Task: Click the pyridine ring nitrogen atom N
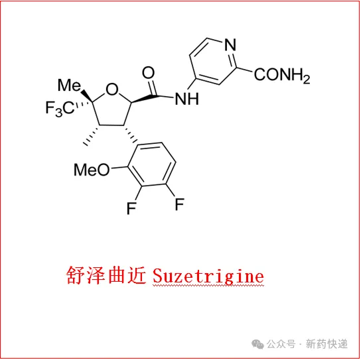(230, 44)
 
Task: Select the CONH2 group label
(282, 75)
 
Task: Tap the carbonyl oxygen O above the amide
(148, 73)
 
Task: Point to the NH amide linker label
(186, 99)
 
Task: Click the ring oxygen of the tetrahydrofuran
(112, 90)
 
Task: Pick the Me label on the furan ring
(69, 85)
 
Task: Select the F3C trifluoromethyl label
(60, 108)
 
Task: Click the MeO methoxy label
(92, 170)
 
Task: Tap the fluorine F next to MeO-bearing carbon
(131, 208)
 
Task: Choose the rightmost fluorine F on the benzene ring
(180, 204)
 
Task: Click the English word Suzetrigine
(208, 276)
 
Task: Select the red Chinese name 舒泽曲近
(106, 275)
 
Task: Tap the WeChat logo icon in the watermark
(257, 344)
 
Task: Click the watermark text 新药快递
(326, 344)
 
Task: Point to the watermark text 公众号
(281, 344)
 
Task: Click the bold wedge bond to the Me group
(87, 95)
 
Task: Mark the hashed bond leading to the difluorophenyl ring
(130, 134)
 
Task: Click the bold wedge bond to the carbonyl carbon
(144, 99)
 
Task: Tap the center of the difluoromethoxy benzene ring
(152, 164)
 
